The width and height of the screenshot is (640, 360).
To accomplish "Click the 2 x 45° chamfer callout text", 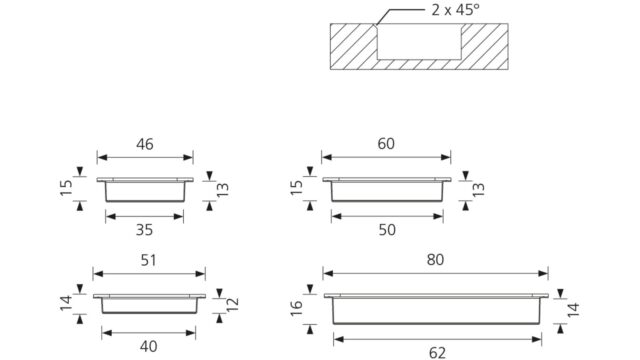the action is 456,10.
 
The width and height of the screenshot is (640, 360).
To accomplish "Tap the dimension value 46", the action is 145,144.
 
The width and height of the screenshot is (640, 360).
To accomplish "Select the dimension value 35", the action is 144,230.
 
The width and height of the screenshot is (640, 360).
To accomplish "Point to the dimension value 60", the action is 386,144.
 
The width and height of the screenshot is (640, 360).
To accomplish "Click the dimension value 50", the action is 387,230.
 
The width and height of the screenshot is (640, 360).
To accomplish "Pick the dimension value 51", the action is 149,260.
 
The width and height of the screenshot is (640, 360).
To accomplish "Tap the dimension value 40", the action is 149,347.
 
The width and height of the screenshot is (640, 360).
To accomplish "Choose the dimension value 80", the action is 436,260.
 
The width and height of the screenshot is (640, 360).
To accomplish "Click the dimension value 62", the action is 437,353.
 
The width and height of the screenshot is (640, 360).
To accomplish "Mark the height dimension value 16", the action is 297,308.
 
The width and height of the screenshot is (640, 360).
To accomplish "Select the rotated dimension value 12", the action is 233,305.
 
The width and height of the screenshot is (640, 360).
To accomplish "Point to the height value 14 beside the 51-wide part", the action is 67,303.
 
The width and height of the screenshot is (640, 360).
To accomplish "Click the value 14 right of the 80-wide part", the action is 573,310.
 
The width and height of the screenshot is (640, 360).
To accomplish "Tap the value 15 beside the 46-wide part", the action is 67,188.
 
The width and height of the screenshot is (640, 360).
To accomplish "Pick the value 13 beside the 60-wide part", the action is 478,190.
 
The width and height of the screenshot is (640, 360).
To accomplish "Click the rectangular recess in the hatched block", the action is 419,42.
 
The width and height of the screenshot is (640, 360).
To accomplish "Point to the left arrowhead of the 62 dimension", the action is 338,339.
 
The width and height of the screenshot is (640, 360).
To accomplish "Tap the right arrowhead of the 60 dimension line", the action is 446,157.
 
